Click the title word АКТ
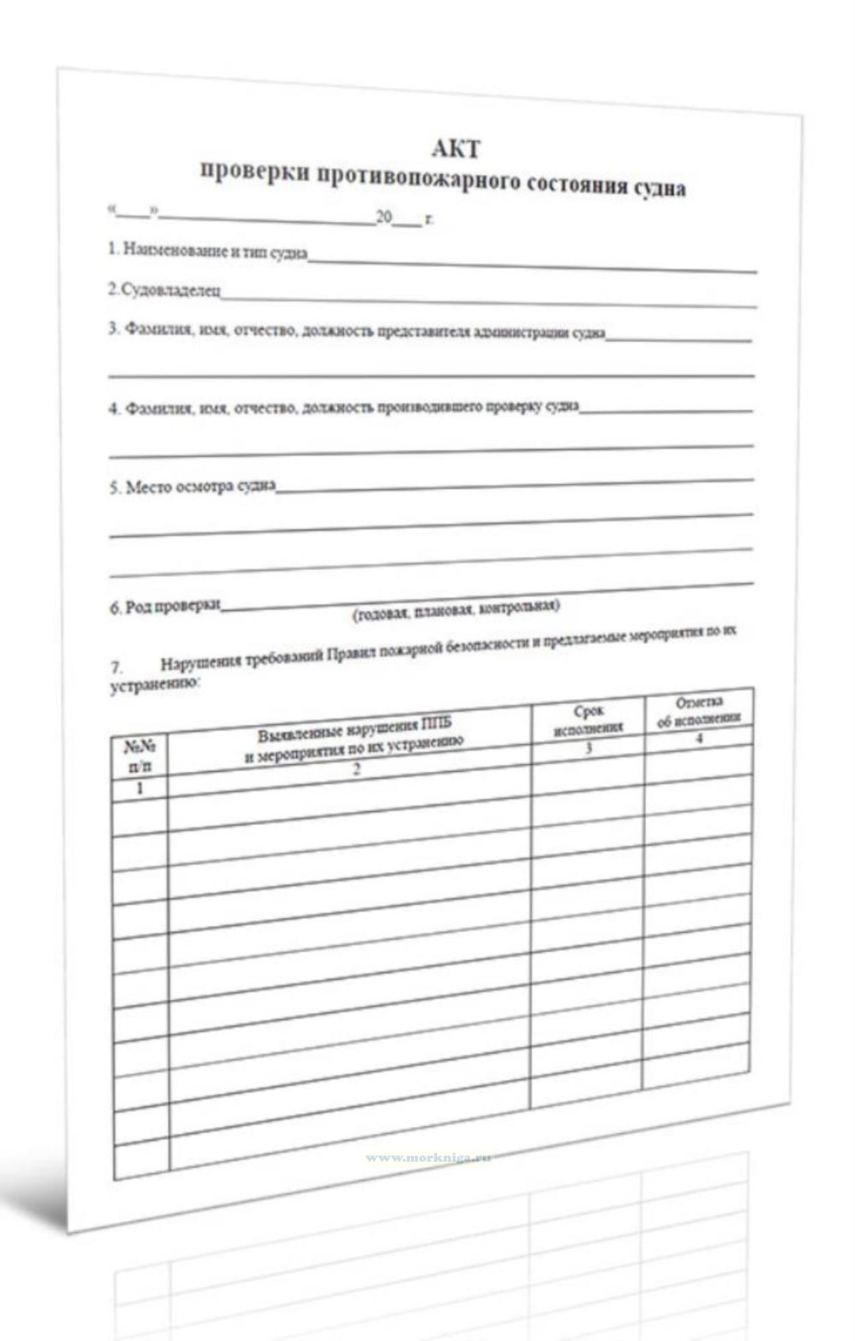click(456, 148)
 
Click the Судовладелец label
click(164, 290)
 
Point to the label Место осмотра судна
click(192, 487)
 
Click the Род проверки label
click(165, 606)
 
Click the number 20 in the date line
click(384, 218)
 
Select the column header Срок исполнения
click(588, 720)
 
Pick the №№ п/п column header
click(140, 757)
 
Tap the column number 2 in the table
click(356, 769)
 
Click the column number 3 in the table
click(588, 748)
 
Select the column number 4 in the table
click(699, 738)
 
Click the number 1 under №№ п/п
click(140, 788)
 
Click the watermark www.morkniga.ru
click(428, 1158)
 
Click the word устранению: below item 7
click(155, 685)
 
